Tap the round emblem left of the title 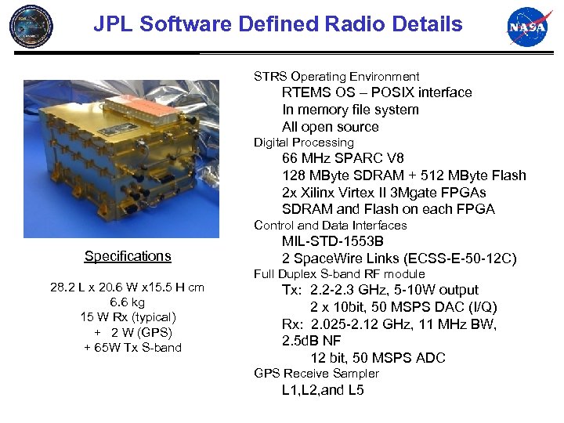tap(32, 27)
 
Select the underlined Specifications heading tap(128, 256)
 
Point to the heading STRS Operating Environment tap(336, 77)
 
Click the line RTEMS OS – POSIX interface tap(377, 92)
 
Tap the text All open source tap(330, 127)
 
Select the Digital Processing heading tap(304, 143)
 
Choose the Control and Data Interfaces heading tap(331, 226)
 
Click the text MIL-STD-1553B tap(333, 241)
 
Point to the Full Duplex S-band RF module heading tap(339, 274)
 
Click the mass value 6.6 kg tap(128, 302)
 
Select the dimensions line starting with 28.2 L tap(128, 287)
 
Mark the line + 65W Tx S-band tap(132, 348)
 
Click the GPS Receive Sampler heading tap(316, 374)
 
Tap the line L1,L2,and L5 tap(323, 390)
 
